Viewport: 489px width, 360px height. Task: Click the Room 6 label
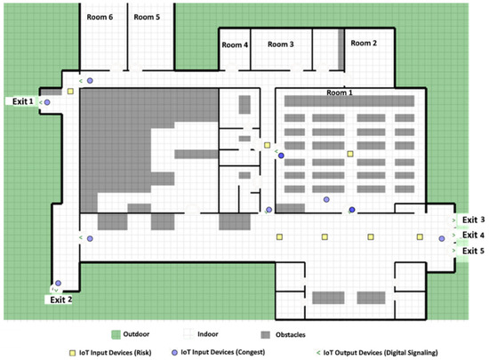tap(100, 17)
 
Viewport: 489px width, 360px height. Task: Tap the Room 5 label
tap(147, 17)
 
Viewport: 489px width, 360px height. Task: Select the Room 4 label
tap(235, 44)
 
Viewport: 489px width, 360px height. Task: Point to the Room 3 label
tap(281, 44)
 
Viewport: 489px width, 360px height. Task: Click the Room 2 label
tap(364, 43)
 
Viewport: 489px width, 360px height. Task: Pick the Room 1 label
tap(340, 92)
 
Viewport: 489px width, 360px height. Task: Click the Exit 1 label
tap(22, 101)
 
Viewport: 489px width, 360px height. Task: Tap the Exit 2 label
tap(60, 300)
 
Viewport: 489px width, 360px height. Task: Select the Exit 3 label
tap(473, 220)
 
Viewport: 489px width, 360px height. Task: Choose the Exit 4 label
tap(473, 235)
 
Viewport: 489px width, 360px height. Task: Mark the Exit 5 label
tap(473, 251)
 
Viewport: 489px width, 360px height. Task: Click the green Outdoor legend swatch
tap(116, 334)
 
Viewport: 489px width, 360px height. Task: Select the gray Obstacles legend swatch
tap(266, 335)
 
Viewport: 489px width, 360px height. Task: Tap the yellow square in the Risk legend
tap(72, 353)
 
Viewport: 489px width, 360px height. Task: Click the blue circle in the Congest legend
tap(174, 352)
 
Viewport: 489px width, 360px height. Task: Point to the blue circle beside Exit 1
tap(47, 102)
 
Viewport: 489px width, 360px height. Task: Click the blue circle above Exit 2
tap(59, 283)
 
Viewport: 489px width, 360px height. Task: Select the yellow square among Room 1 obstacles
tap(350, 154)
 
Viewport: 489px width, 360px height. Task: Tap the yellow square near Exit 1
tap(70, 92)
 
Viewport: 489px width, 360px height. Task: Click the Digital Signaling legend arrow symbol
tap(318, 353)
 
